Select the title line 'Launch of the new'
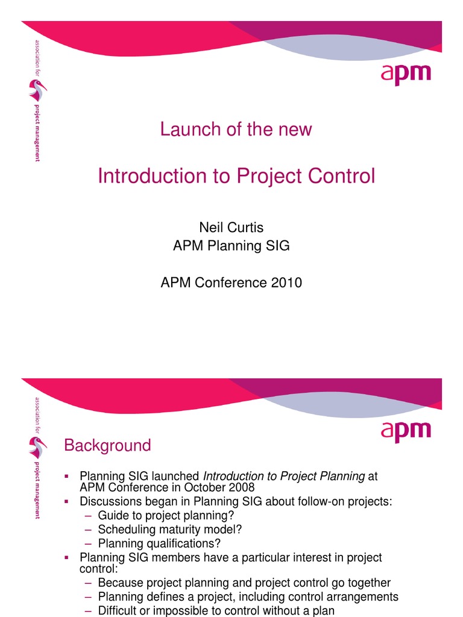(x=236, y=129)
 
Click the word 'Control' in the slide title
(x=340, y=176)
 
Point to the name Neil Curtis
(x=231, y=227)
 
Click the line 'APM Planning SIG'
(x=231, y=246)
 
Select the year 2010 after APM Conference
(x=286, y=282)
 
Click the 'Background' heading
(x=107, y=446)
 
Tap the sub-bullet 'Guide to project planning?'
(x=166, y=515)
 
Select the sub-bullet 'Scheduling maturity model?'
(x=171, y=530)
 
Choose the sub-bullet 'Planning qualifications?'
(x=159, y=543)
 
